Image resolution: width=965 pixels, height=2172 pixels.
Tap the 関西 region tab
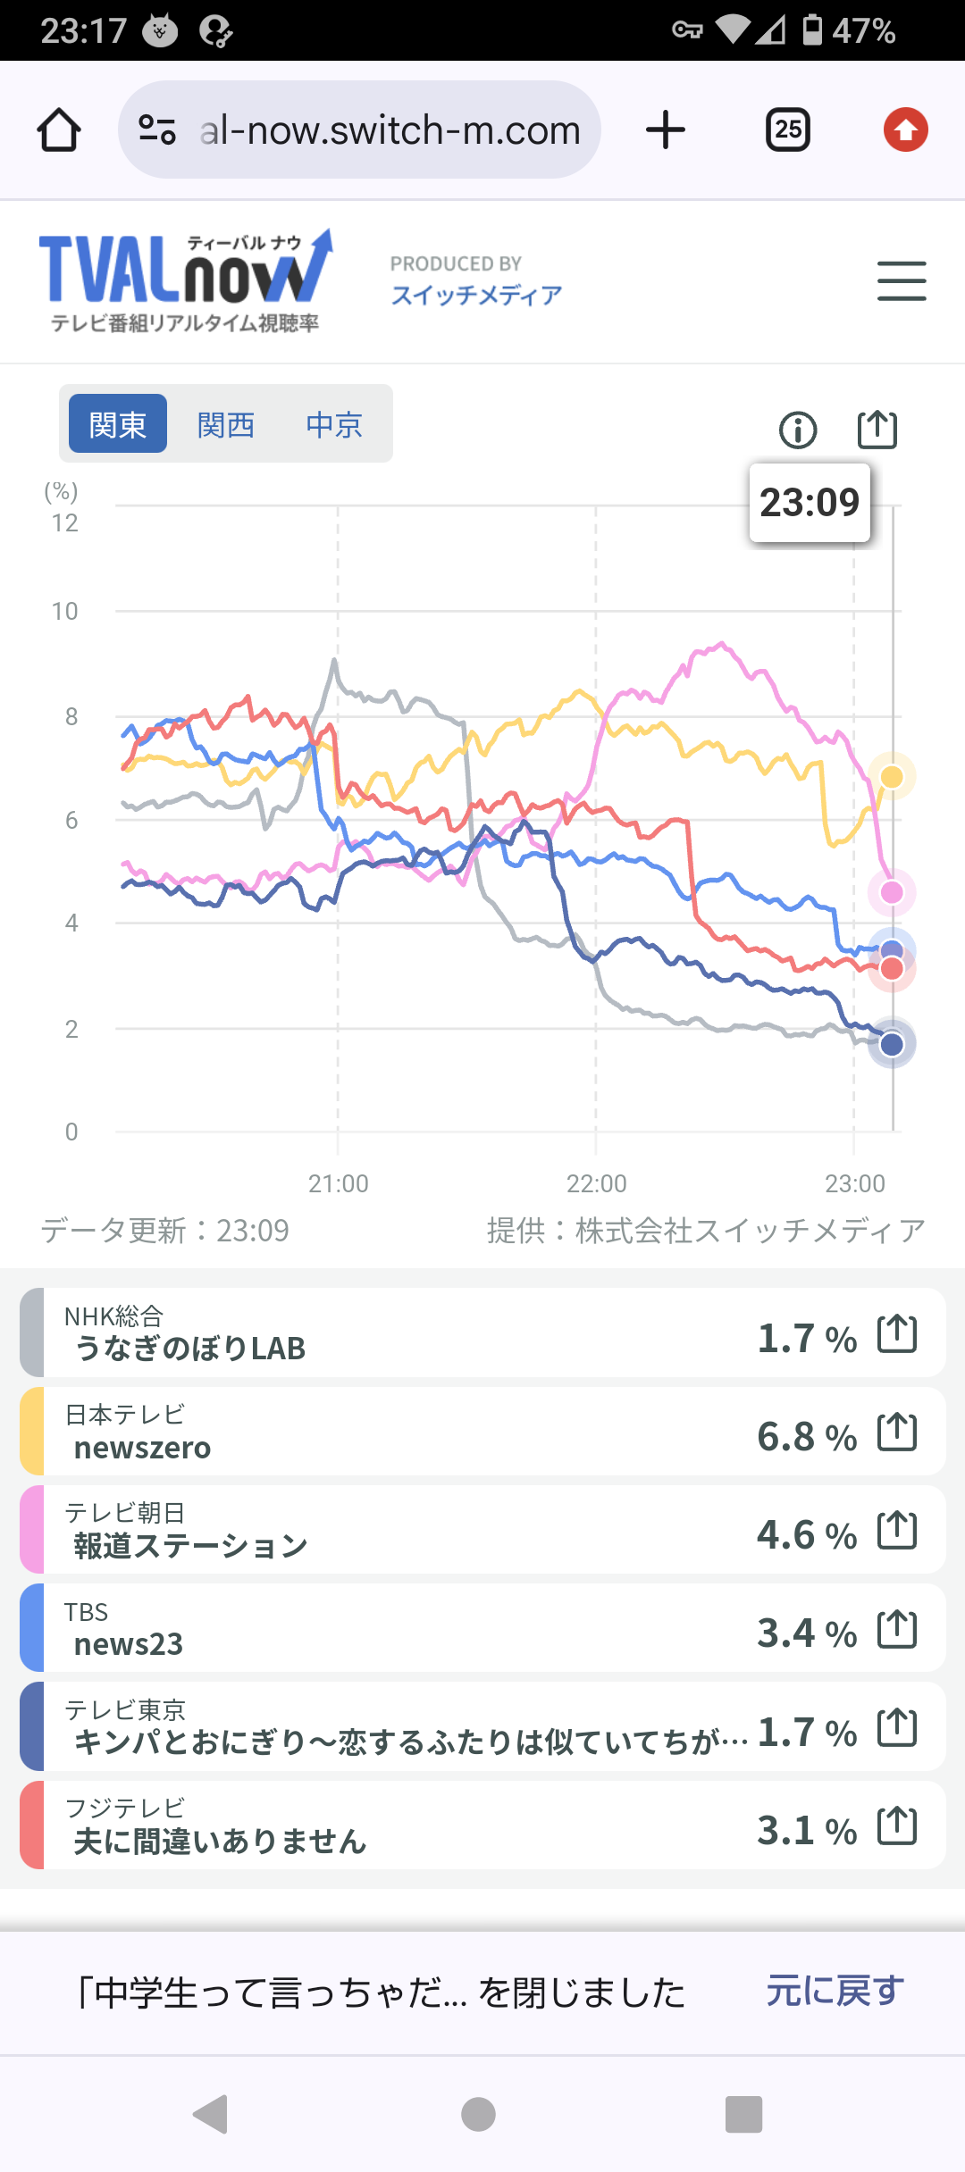point(226,424)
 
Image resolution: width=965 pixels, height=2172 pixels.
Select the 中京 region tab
point(334,424)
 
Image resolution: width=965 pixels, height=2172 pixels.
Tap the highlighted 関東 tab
point(118,424)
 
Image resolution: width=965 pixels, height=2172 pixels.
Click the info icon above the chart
point(798,430)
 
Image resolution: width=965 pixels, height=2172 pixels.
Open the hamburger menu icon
point(901,281)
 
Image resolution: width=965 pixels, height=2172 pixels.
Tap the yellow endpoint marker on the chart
point(892,776)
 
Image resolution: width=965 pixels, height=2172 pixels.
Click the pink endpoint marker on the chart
point(892,891)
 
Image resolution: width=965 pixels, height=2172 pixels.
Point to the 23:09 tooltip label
point(810,502)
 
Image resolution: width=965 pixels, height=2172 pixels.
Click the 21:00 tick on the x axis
point(338,1183)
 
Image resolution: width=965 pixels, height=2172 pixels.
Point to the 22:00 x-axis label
point(596,1183)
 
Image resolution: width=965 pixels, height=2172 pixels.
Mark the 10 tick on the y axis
point(64,612)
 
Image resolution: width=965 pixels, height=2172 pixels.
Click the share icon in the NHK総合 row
point(897,1334)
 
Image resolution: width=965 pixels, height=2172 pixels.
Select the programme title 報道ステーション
point(190,1546)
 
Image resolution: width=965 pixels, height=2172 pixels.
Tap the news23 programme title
point(129,1644)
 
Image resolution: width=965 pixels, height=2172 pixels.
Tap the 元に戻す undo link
point(835,1991)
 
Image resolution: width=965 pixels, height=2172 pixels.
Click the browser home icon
point(59,130)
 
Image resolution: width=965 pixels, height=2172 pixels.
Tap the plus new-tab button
point(666,130)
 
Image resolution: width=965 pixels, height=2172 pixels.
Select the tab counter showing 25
point(788,130)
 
